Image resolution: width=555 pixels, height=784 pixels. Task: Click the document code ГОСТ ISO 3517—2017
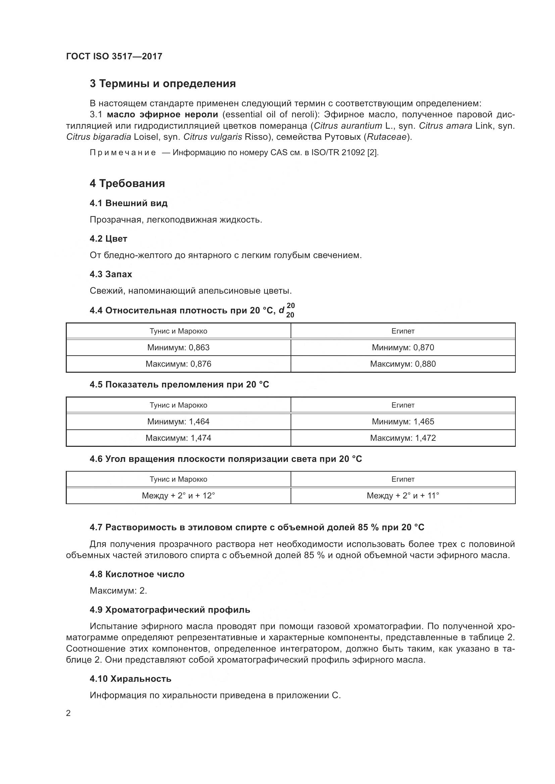tap(114, 56)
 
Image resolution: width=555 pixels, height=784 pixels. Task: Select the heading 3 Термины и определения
tap(163, 84)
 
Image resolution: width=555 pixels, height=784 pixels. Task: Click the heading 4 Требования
tap(127, 183)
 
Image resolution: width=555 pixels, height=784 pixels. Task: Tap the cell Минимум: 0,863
tap(179, 348)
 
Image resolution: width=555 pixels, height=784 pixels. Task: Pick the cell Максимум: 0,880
tap(403, 364)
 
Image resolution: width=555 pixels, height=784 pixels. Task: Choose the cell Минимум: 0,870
tap(403, 348)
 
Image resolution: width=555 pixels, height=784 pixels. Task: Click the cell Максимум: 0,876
tap(179, 364)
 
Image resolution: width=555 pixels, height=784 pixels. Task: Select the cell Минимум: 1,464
tap(179, 422)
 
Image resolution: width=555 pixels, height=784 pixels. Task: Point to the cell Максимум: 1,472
tap(403, 438)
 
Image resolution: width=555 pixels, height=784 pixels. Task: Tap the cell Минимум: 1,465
tap(403, 422)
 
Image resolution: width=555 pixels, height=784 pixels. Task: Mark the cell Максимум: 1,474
tap(179, 438)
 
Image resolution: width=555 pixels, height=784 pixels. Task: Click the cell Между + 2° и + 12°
tap(179, 495)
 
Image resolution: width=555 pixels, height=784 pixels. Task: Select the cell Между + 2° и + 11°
tap(403, 495)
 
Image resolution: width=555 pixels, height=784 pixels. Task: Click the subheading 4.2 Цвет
tap(108, 239)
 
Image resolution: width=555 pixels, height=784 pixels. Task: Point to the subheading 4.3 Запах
tap(111, 274)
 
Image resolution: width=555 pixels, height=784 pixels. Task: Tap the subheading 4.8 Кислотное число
tap(137, 575)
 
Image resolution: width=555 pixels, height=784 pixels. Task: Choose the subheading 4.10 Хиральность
tap(131, 679)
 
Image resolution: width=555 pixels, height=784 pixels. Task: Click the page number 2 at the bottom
tap(68, 713)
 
